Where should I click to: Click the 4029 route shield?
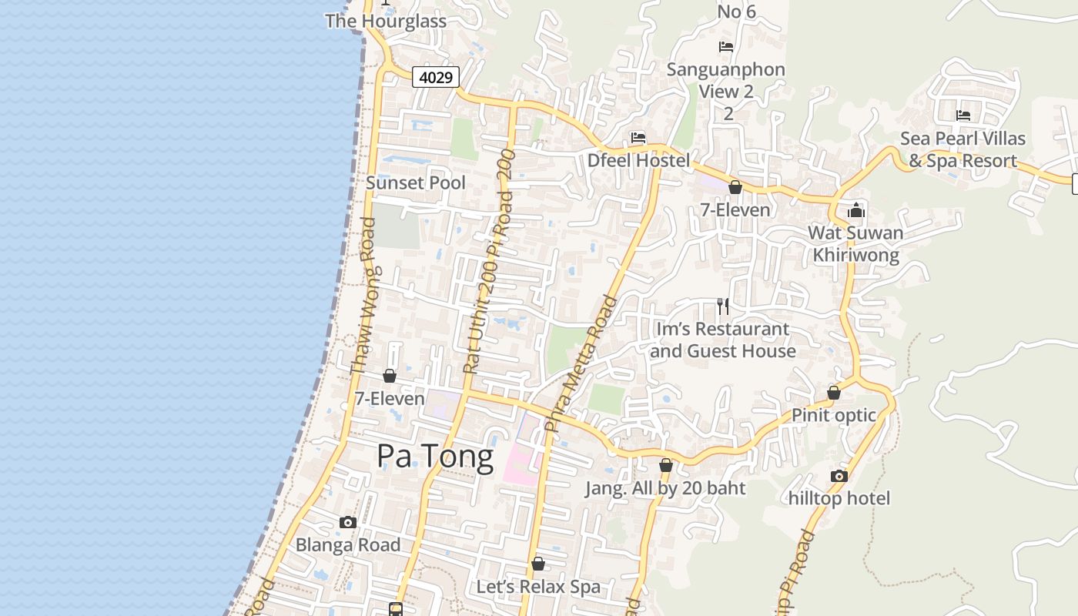(436, 77)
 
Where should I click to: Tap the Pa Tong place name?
(435, 457)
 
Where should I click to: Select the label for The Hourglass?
(386, 21)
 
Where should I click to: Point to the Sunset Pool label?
(416, 182)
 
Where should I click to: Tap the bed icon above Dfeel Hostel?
(638, 138)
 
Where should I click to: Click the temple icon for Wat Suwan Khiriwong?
(856, 210)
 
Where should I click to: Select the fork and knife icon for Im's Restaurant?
(723, 306)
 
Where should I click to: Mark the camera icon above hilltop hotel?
(839, 476)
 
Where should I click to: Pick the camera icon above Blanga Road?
(348, 522)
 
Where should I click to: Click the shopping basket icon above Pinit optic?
(834, 393)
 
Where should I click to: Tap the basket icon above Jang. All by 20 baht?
(666, 465)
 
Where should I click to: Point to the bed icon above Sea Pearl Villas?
(963, 115)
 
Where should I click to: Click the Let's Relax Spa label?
(538, 587)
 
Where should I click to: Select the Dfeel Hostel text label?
(638, 160)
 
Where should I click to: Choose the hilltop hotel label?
(839, 498)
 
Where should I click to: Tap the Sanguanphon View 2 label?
(726, 80)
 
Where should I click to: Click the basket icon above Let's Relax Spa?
(538, 564)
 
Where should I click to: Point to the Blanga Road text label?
(348, 544)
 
